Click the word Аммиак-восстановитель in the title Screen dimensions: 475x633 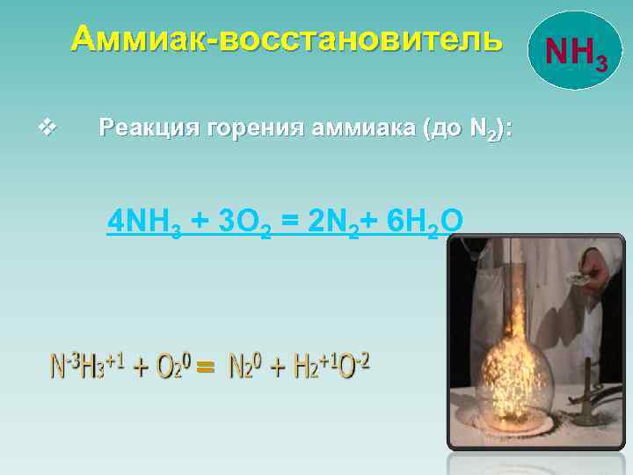tap(287, 39)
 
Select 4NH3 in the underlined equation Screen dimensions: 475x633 tap(144, 223)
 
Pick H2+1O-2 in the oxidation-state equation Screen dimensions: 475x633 tap(331, 367)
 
